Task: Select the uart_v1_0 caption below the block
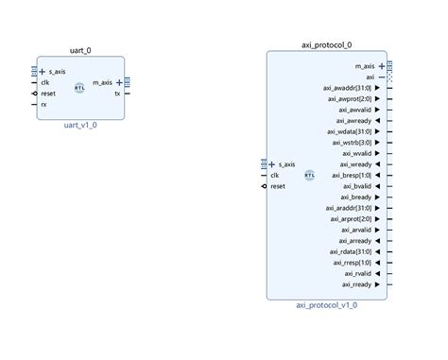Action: tap(80, 122)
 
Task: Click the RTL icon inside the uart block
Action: tap(80, 87)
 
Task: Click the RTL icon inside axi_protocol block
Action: tap(310, 175)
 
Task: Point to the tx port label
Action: tap(117, 94)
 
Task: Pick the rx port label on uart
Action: tap(44, 104)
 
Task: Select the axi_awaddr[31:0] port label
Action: tap(350, 87)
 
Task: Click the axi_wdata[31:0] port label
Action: tap(351, 131)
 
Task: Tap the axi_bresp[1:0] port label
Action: tap(353, 175)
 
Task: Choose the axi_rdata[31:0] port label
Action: tap(351, 251)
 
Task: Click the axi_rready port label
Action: tap(358, 284)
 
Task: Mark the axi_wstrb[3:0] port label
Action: tap(353, 142)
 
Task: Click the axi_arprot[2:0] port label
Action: tap(351, 218)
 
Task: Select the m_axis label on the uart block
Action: tap(104, 82)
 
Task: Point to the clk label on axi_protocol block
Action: tap(275, 175)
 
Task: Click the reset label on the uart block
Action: tap(48, 94)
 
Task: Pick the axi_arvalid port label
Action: tap(355, 230)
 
